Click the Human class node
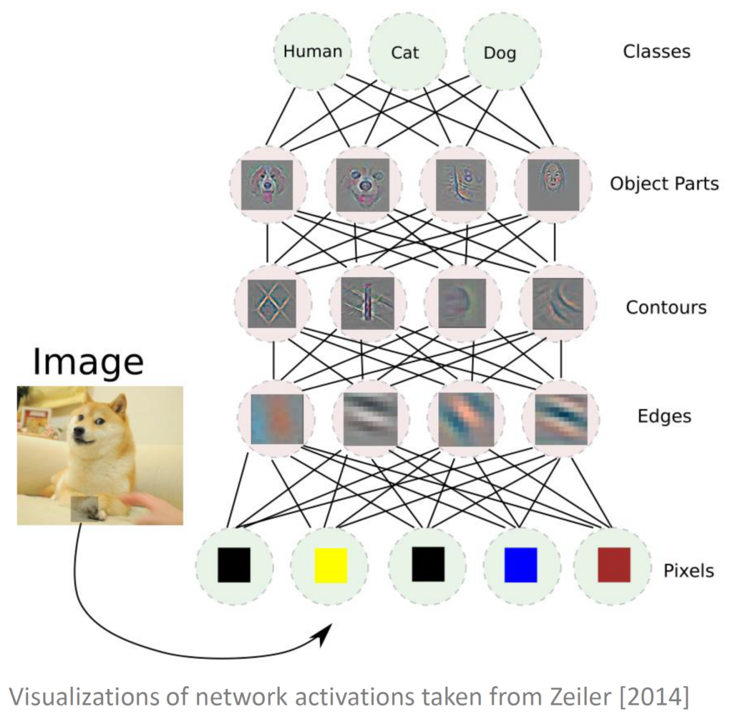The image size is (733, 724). click(313, 52)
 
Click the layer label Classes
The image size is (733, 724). click(656, 52)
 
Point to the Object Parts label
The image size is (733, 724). click(664, 183)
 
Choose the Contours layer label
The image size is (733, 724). click(666, 307)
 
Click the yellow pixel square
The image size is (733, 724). click(331, 565)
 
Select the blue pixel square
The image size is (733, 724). click(520, 565)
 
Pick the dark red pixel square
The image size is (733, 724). click(613, 565)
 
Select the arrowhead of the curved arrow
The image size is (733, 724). click(326, 633)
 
